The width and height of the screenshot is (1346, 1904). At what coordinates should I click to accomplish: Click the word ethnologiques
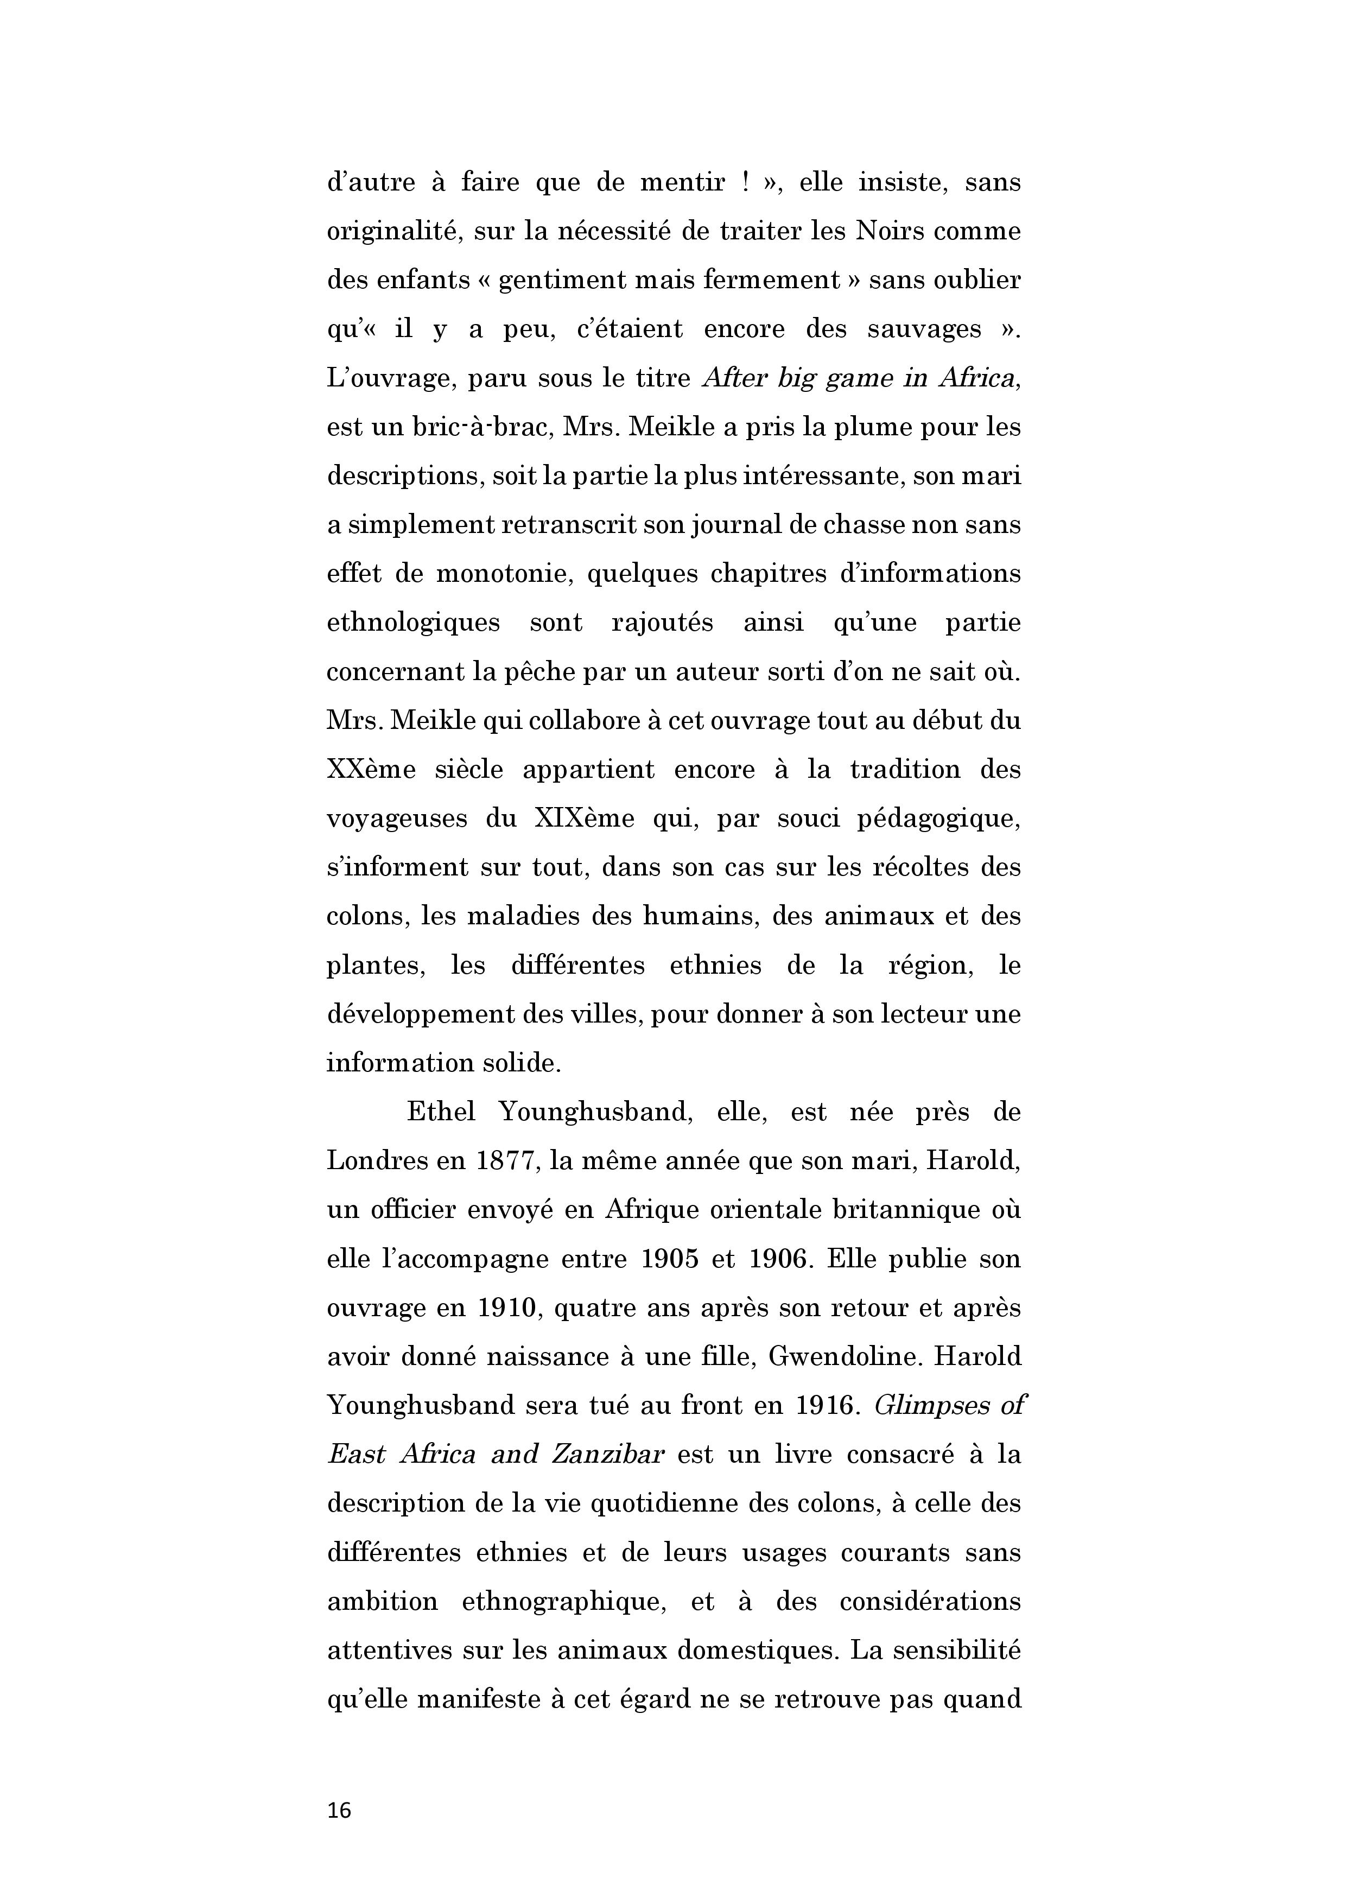[413, 623]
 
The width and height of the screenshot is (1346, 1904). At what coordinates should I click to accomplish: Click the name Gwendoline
[845, 1357]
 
